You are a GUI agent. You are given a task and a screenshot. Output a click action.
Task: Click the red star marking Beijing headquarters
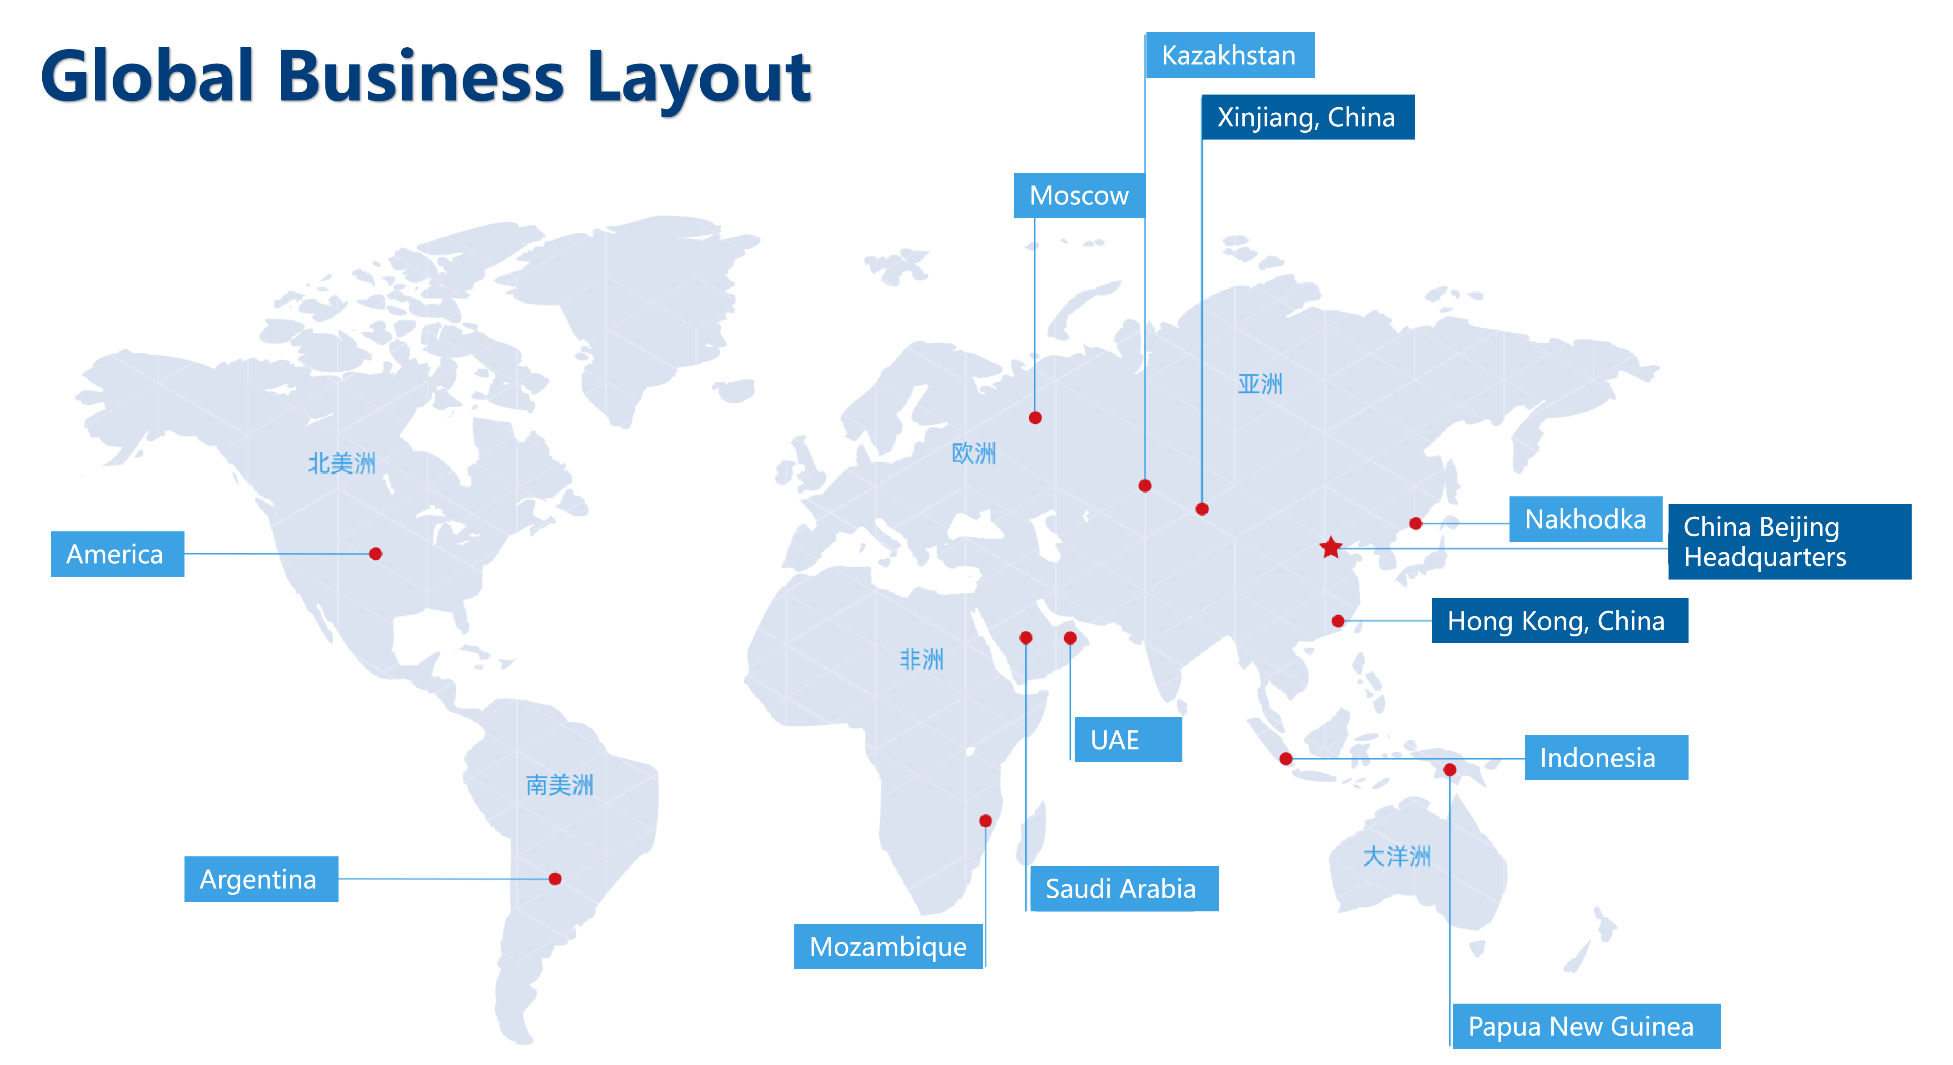1330,547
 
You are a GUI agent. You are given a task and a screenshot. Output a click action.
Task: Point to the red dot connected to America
375,554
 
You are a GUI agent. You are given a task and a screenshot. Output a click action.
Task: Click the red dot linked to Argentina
555,878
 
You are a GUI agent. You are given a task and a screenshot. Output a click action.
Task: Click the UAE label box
1127,740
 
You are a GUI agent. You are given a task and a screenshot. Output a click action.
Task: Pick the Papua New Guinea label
1584,1026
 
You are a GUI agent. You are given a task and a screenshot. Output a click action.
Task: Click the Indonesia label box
1606,757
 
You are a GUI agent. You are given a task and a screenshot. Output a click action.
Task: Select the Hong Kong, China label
1559,620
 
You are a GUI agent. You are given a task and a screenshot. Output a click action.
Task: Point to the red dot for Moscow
1035,418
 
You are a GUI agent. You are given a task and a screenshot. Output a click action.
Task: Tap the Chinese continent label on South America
559,785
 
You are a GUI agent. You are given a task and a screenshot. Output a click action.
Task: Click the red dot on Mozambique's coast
985,821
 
